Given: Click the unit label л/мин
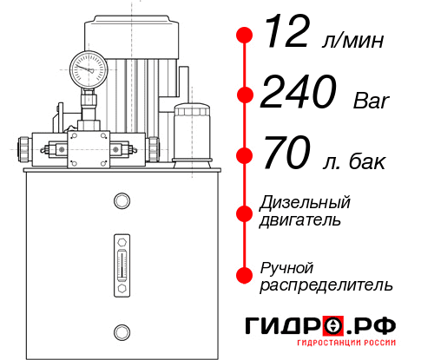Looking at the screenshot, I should [x=353, y=40].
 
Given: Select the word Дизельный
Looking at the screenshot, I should [x=306, y=203].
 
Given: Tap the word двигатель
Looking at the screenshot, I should [x=300, y=220].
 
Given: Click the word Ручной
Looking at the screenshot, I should [x=286, y=267].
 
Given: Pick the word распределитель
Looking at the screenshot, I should [x=326, y=285].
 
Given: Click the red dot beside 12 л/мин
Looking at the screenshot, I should [x=244, y=36].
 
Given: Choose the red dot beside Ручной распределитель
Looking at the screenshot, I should [x=244, y=275].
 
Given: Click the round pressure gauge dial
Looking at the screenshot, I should [x=89, y=67].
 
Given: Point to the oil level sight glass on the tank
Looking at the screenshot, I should [x=121, y=260].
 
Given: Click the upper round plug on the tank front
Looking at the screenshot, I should [x=121, y=202].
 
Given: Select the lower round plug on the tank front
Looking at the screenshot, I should [x=121, y=330].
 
